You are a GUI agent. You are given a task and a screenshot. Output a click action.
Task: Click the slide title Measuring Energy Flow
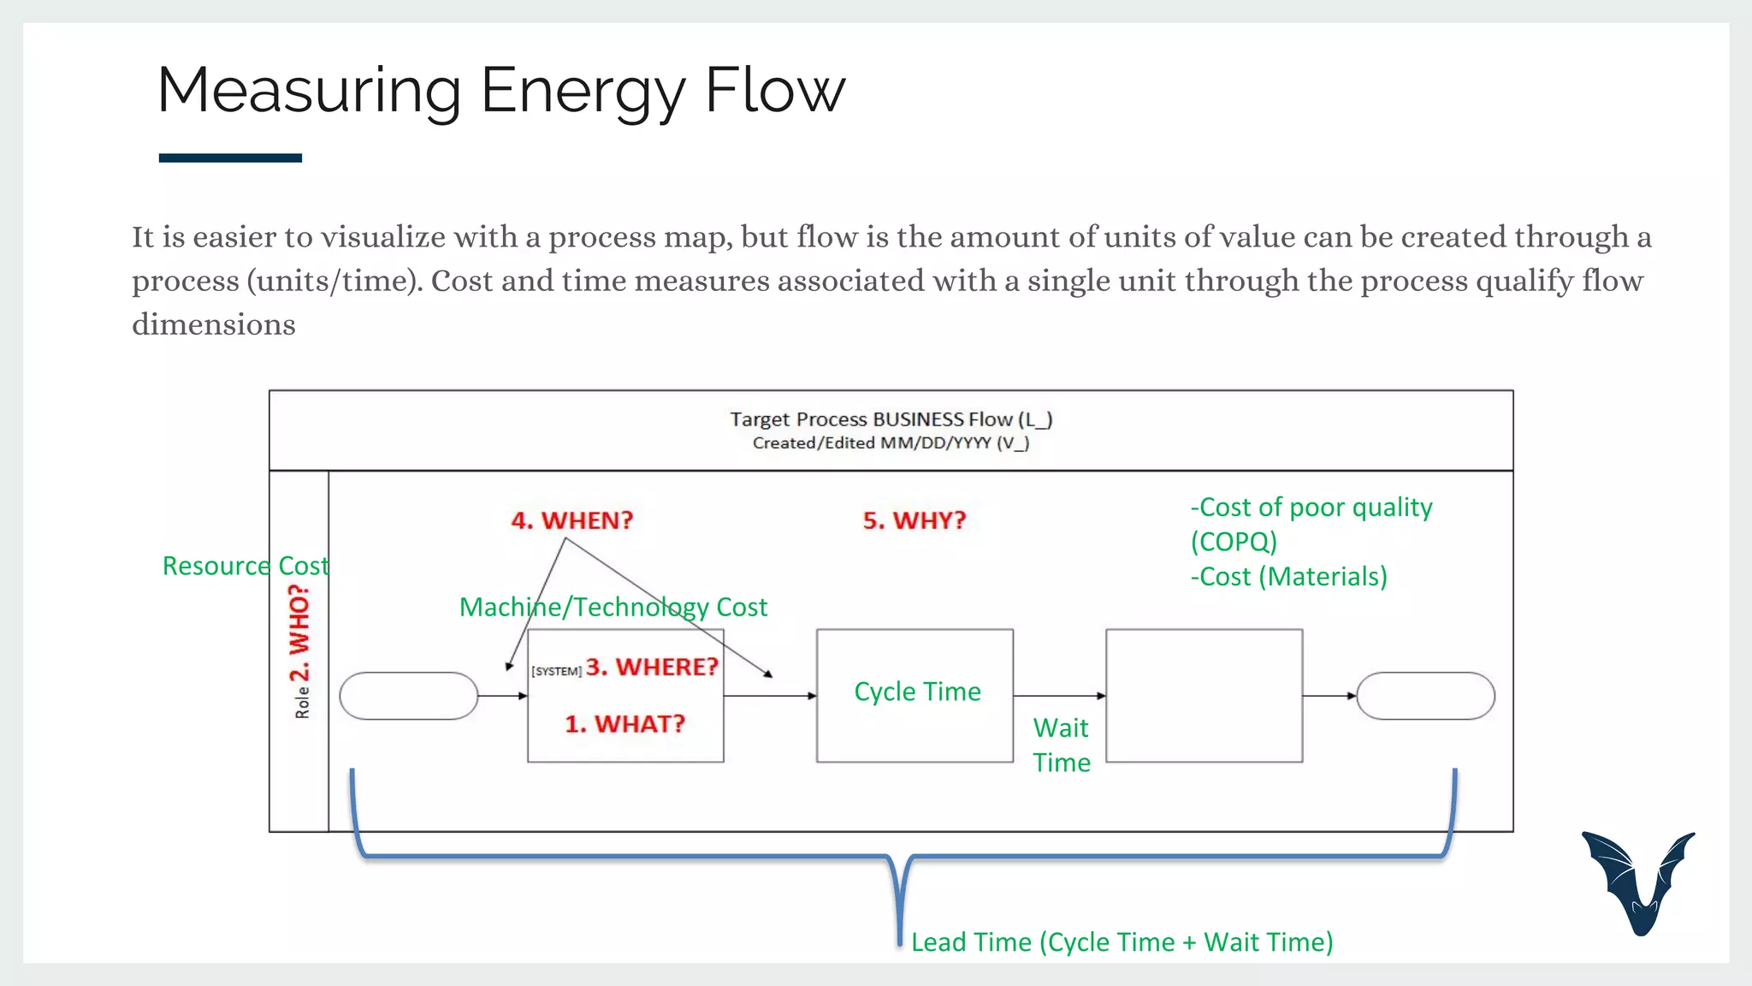[501, 91]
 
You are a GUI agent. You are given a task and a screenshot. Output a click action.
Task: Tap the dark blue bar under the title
[230, 157]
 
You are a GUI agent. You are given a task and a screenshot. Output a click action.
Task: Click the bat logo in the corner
[1637, 882]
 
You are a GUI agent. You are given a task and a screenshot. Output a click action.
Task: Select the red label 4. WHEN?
[571, 520]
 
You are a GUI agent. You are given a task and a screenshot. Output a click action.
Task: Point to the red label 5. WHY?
[914, 520]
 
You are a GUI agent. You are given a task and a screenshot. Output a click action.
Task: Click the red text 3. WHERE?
[652, 667]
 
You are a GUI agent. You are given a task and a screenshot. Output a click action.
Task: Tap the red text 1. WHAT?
[624, 724]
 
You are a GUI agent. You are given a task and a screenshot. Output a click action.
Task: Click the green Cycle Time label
[917, 692]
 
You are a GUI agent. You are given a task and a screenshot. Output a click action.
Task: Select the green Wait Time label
[1061, 745]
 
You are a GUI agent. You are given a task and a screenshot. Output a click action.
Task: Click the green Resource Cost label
[245, 566]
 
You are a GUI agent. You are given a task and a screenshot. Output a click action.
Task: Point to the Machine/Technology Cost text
[613, 607]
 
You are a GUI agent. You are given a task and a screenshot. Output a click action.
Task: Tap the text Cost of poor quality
[1315, 508]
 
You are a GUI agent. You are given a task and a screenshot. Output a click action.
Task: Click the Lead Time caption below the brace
[1122, 942]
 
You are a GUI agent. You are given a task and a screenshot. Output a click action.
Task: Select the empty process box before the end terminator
[1204, 696]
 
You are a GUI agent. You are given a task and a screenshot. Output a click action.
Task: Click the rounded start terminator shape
[408, 696]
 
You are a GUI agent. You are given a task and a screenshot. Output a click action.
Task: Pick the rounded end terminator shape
[1425, 696]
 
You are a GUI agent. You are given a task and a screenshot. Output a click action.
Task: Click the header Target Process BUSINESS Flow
[891, 419]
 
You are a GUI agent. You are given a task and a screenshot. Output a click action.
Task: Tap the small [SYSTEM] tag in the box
[556, 671]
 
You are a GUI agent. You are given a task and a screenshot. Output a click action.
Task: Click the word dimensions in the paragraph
[214, 325]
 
